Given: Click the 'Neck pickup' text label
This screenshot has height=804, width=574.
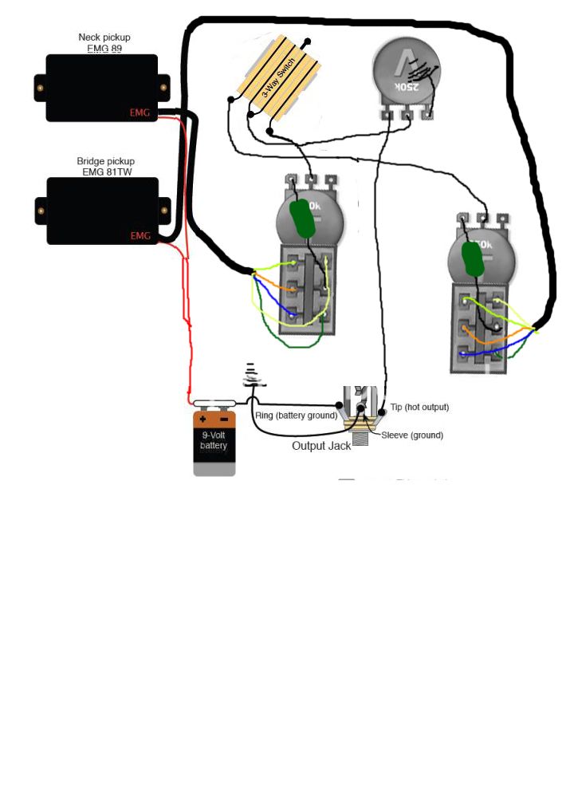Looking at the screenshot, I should click(104, 37).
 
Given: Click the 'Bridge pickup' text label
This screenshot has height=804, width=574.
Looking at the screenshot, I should click(106, 161).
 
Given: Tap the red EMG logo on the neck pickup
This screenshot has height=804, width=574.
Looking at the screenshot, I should click(140, 113).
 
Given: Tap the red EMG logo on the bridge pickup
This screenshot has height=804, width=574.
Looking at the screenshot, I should click(140, 236).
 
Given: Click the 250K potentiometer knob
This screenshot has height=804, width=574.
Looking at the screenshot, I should click(406, 73).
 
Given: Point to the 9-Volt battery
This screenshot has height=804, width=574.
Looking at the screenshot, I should click(214, 443).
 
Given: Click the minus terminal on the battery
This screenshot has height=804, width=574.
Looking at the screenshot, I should click(224, 419).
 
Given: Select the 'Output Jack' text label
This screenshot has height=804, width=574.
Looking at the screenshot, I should click(321, 446).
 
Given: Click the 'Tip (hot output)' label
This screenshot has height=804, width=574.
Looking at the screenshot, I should click(419, 408).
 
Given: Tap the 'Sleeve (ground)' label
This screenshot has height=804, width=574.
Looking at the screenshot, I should click(412, 436).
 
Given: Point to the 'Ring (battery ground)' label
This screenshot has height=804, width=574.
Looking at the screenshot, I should click(297, 416).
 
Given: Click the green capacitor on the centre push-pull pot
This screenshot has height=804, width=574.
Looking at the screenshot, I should click(303, 218).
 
